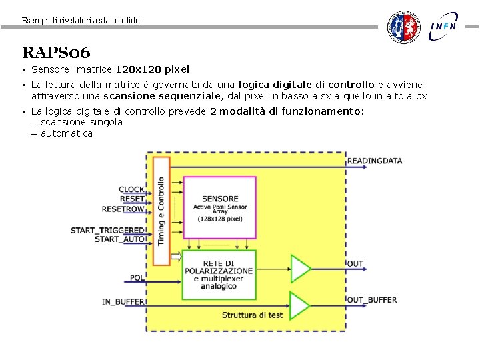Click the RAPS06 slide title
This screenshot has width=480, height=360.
[x=56, y=52]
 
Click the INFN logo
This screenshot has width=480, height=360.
[x=443, y=26]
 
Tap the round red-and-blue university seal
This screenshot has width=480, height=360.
[x=405, y=27]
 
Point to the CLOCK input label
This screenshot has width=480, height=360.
[x=131, y=189]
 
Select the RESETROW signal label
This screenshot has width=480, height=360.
[x=123, y=209]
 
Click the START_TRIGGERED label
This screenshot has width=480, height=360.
[x=107, y=231]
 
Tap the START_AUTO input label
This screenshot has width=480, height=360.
[x=120, y=239]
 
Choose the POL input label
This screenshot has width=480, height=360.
[x=137, y=277]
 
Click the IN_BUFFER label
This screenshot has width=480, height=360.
[x=123, y=302]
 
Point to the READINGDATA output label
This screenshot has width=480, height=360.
[x=375, y=161]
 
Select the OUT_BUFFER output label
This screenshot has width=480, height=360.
[x=372, y=300]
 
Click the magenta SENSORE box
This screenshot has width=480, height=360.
[x=219, y=207]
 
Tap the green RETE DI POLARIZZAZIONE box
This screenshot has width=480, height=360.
[x=219, y=275]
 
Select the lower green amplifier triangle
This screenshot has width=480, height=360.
[x=300, y=305]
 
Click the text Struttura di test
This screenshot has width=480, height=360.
[x=252, y=315]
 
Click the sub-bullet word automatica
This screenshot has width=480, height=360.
[x=67, y=133]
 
